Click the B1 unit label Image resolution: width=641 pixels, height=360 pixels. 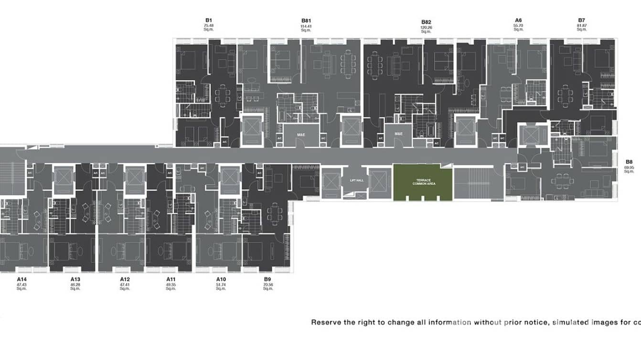point(208,21)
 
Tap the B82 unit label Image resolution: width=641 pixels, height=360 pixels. point(426,22)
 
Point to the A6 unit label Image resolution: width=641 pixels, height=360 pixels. point(518,21)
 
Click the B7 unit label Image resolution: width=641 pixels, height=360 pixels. point(581,21)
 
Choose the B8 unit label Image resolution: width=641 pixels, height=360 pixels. point(629,162)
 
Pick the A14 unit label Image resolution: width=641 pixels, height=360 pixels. point(21,279)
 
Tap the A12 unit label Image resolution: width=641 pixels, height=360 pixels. point(125,279)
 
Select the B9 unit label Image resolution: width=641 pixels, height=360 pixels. point(267,279)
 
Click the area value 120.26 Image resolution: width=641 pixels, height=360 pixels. point(426,28)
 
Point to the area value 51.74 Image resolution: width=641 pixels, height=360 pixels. point(221,284)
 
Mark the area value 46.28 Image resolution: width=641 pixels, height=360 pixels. point(75,284)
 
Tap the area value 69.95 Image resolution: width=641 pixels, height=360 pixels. point(629,168)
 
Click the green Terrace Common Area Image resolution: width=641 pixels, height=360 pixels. point(422,182)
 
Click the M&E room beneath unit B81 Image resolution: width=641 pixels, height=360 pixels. point(301,135)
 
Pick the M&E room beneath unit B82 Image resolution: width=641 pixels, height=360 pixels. point(399,134)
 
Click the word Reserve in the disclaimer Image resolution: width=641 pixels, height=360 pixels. point(326,322)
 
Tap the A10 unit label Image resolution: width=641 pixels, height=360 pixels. point(221,279)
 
